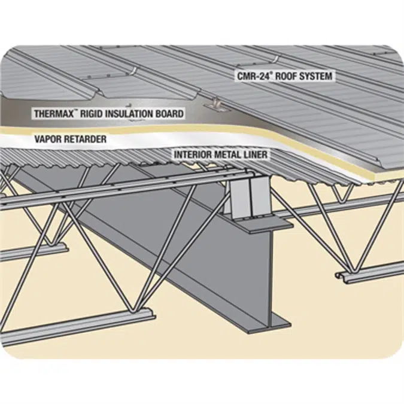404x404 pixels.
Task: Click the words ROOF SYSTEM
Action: tap(301, 77)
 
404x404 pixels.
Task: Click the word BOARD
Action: tap(171, 113)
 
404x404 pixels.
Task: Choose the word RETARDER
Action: tap(87, 139)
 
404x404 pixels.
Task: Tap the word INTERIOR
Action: tap(193, 154)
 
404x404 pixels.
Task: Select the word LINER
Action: tap(258, 154)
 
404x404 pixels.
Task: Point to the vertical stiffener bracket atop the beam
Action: tap(248, 198)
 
